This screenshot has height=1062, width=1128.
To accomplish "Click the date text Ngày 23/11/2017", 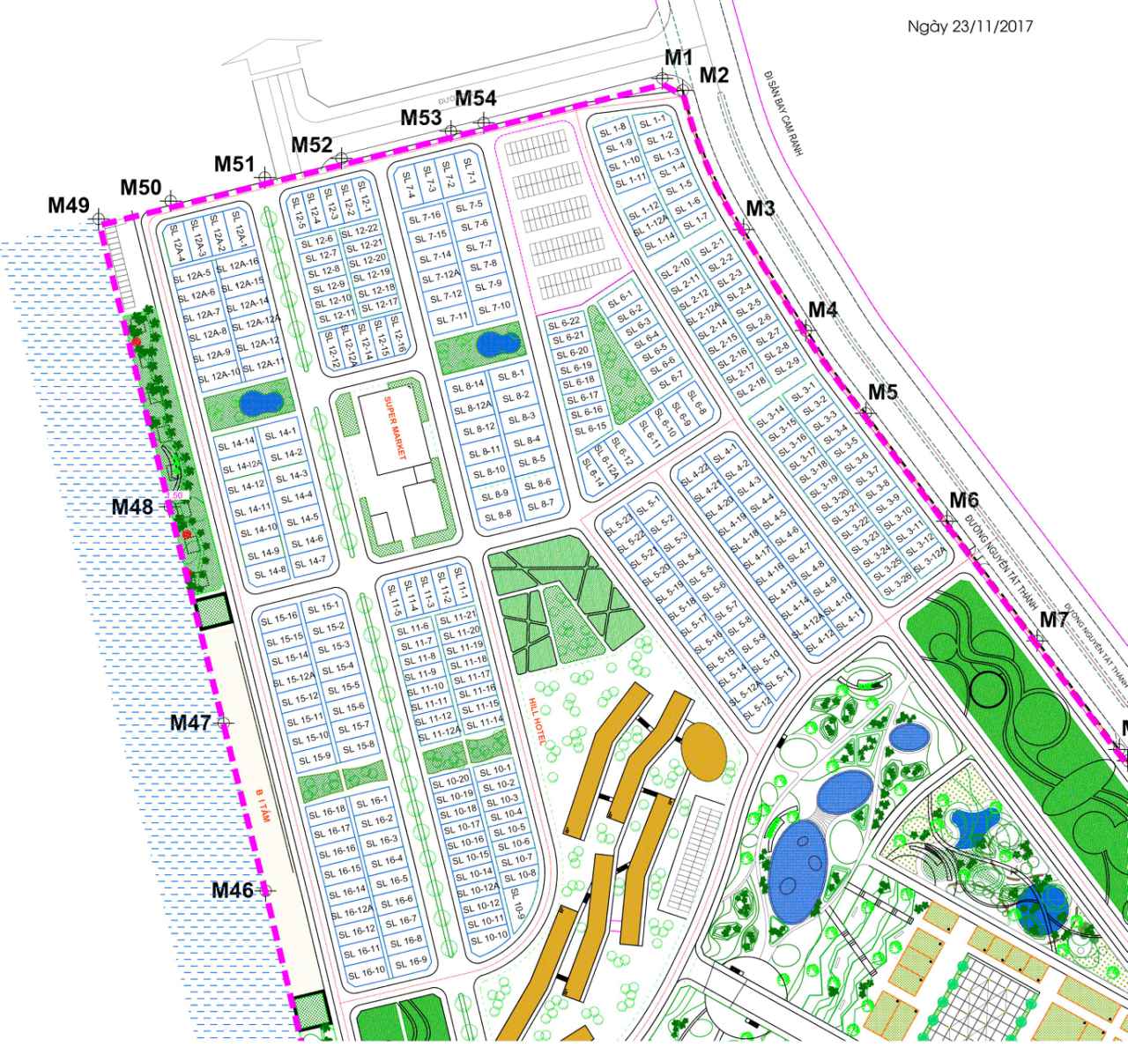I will (970, 26).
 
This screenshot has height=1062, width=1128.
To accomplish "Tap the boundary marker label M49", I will (69, 205).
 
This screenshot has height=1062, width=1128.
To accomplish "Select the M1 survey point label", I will (679, 57).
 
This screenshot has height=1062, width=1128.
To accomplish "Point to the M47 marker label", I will (190, 723).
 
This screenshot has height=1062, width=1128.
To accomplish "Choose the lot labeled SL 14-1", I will (285, 433).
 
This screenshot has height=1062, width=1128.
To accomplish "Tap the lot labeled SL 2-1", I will (711, 245).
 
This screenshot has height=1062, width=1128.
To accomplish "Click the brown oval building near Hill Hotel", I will (703, 749).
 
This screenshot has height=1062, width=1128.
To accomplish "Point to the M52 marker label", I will (312, 145).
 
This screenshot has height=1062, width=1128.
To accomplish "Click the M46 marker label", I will (233, 890).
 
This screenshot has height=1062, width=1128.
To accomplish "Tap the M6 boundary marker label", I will (963, 500).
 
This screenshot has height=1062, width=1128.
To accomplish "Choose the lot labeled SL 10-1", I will (496, 770).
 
